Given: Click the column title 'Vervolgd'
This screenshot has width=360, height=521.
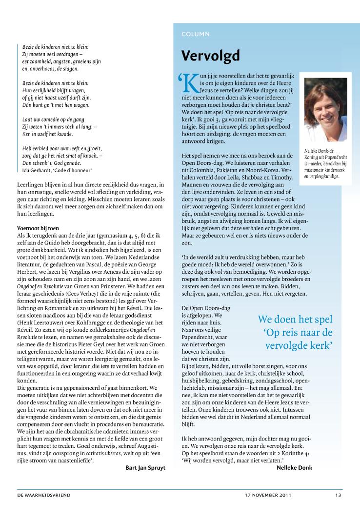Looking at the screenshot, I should point(211,56).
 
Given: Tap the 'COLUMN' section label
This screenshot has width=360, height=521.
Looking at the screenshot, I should point(196,34).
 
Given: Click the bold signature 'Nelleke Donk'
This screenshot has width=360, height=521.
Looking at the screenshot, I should point(294,467).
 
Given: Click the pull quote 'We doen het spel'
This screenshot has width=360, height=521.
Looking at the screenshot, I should point(295,320).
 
